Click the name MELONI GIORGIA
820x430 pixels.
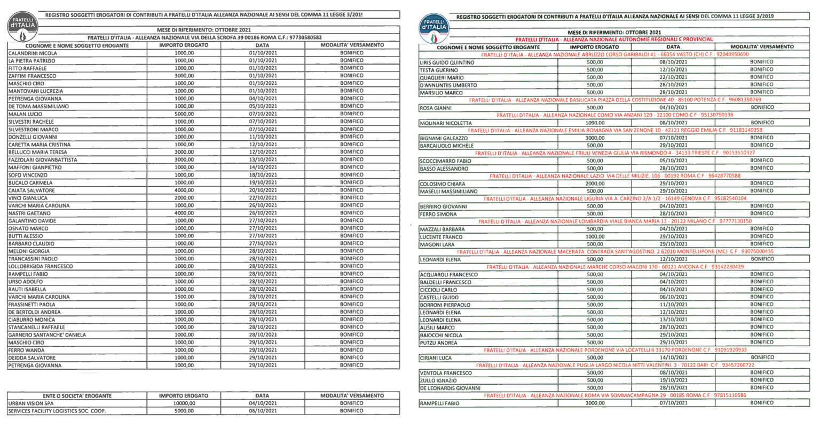pos(29,251)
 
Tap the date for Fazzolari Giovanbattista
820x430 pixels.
pos(262,160)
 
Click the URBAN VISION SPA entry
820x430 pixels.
pos(30,404)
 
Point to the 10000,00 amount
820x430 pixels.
pos(184,404)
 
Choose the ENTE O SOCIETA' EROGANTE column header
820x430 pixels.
pos(77,396)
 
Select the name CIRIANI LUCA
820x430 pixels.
pos(436,358)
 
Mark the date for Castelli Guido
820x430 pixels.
pos(673,297)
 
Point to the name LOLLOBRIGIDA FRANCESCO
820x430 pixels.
pos(41,266)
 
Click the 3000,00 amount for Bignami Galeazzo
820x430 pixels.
pos(595,138)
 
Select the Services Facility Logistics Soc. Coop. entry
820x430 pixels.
pos(57,411)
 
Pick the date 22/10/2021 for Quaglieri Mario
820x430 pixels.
pos(673,77)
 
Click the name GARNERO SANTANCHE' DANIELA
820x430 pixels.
pos(47,335)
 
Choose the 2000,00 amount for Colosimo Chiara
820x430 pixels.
pos(595,184)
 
